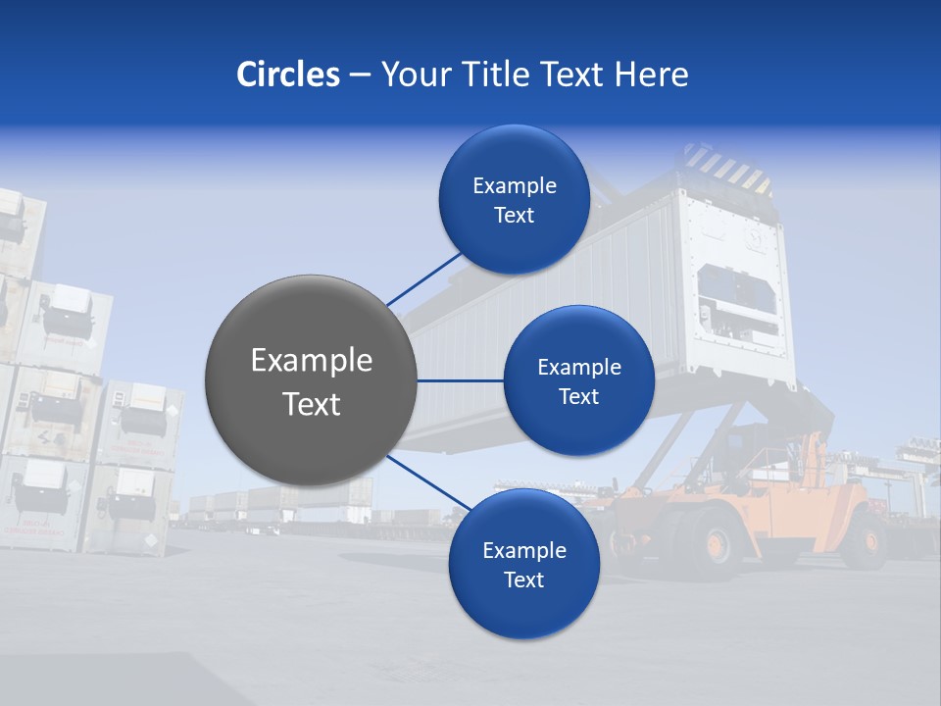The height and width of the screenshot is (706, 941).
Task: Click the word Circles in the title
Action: pos(288,75)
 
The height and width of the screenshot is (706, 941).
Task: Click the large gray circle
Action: pos(311,380)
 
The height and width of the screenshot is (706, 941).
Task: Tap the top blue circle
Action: pos(514,199)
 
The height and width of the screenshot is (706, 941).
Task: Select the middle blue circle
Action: pos(578,380)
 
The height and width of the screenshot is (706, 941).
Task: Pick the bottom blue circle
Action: pos(523,564)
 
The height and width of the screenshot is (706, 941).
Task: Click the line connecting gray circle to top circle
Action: pos(424,278)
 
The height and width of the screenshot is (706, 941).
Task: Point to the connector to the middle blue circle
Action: pos(460,380)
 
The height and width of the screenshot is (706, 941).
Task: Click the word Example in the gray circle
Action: pos(311,361)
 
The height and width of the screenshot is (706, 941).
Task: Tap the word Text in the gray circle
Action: pos(311,404)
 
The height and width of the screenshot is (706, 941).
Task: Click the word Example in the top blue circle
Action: pos(514,186)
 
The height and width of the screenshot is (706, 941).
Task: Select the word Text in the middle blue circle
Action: pos(578,396)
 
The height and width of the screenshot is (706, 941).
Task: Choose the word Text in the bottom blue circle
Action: pos(523,580)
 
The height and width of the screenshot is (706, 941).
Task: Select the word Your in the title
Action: pos(413,75)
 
